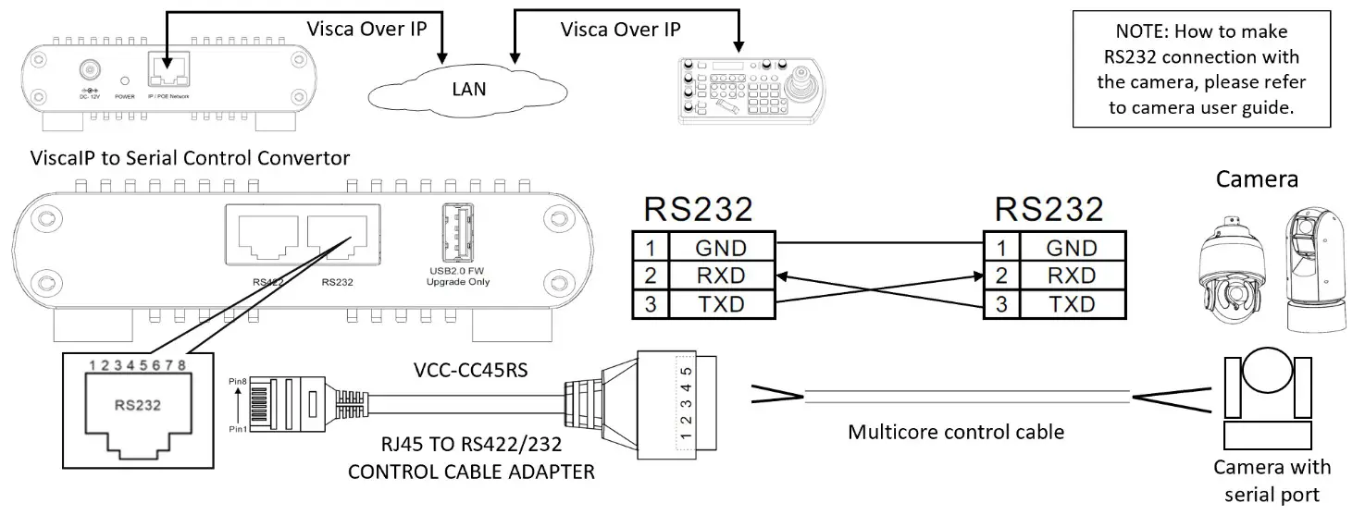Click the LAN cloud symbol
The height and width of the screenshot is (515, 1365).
click(468, 89)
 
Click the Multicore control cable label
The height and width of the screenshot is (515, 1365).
click(956, 432)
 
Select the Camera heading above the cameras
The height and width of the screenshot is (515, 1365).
click(1257, 178)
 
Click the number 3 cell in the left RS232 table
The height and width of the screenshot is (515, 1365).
click(650, 303)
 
